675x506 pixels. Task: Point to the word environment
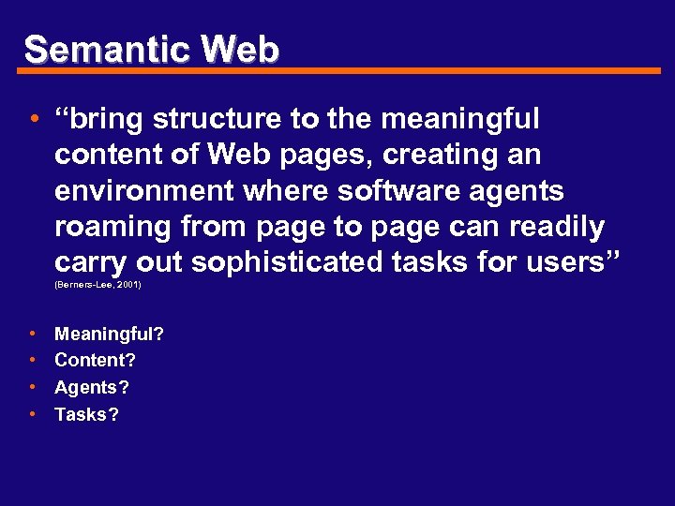(142, 191)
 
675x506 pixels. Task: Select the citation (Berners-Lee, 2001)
(98, 284)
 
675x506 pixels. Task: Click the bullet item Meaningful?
(110, 334)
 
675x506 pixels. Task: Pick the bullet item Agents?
(92, 387)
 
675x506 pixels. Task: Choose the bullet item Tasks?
(86, 414)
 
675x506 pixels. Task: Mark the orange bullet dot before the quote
(33, 120)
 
